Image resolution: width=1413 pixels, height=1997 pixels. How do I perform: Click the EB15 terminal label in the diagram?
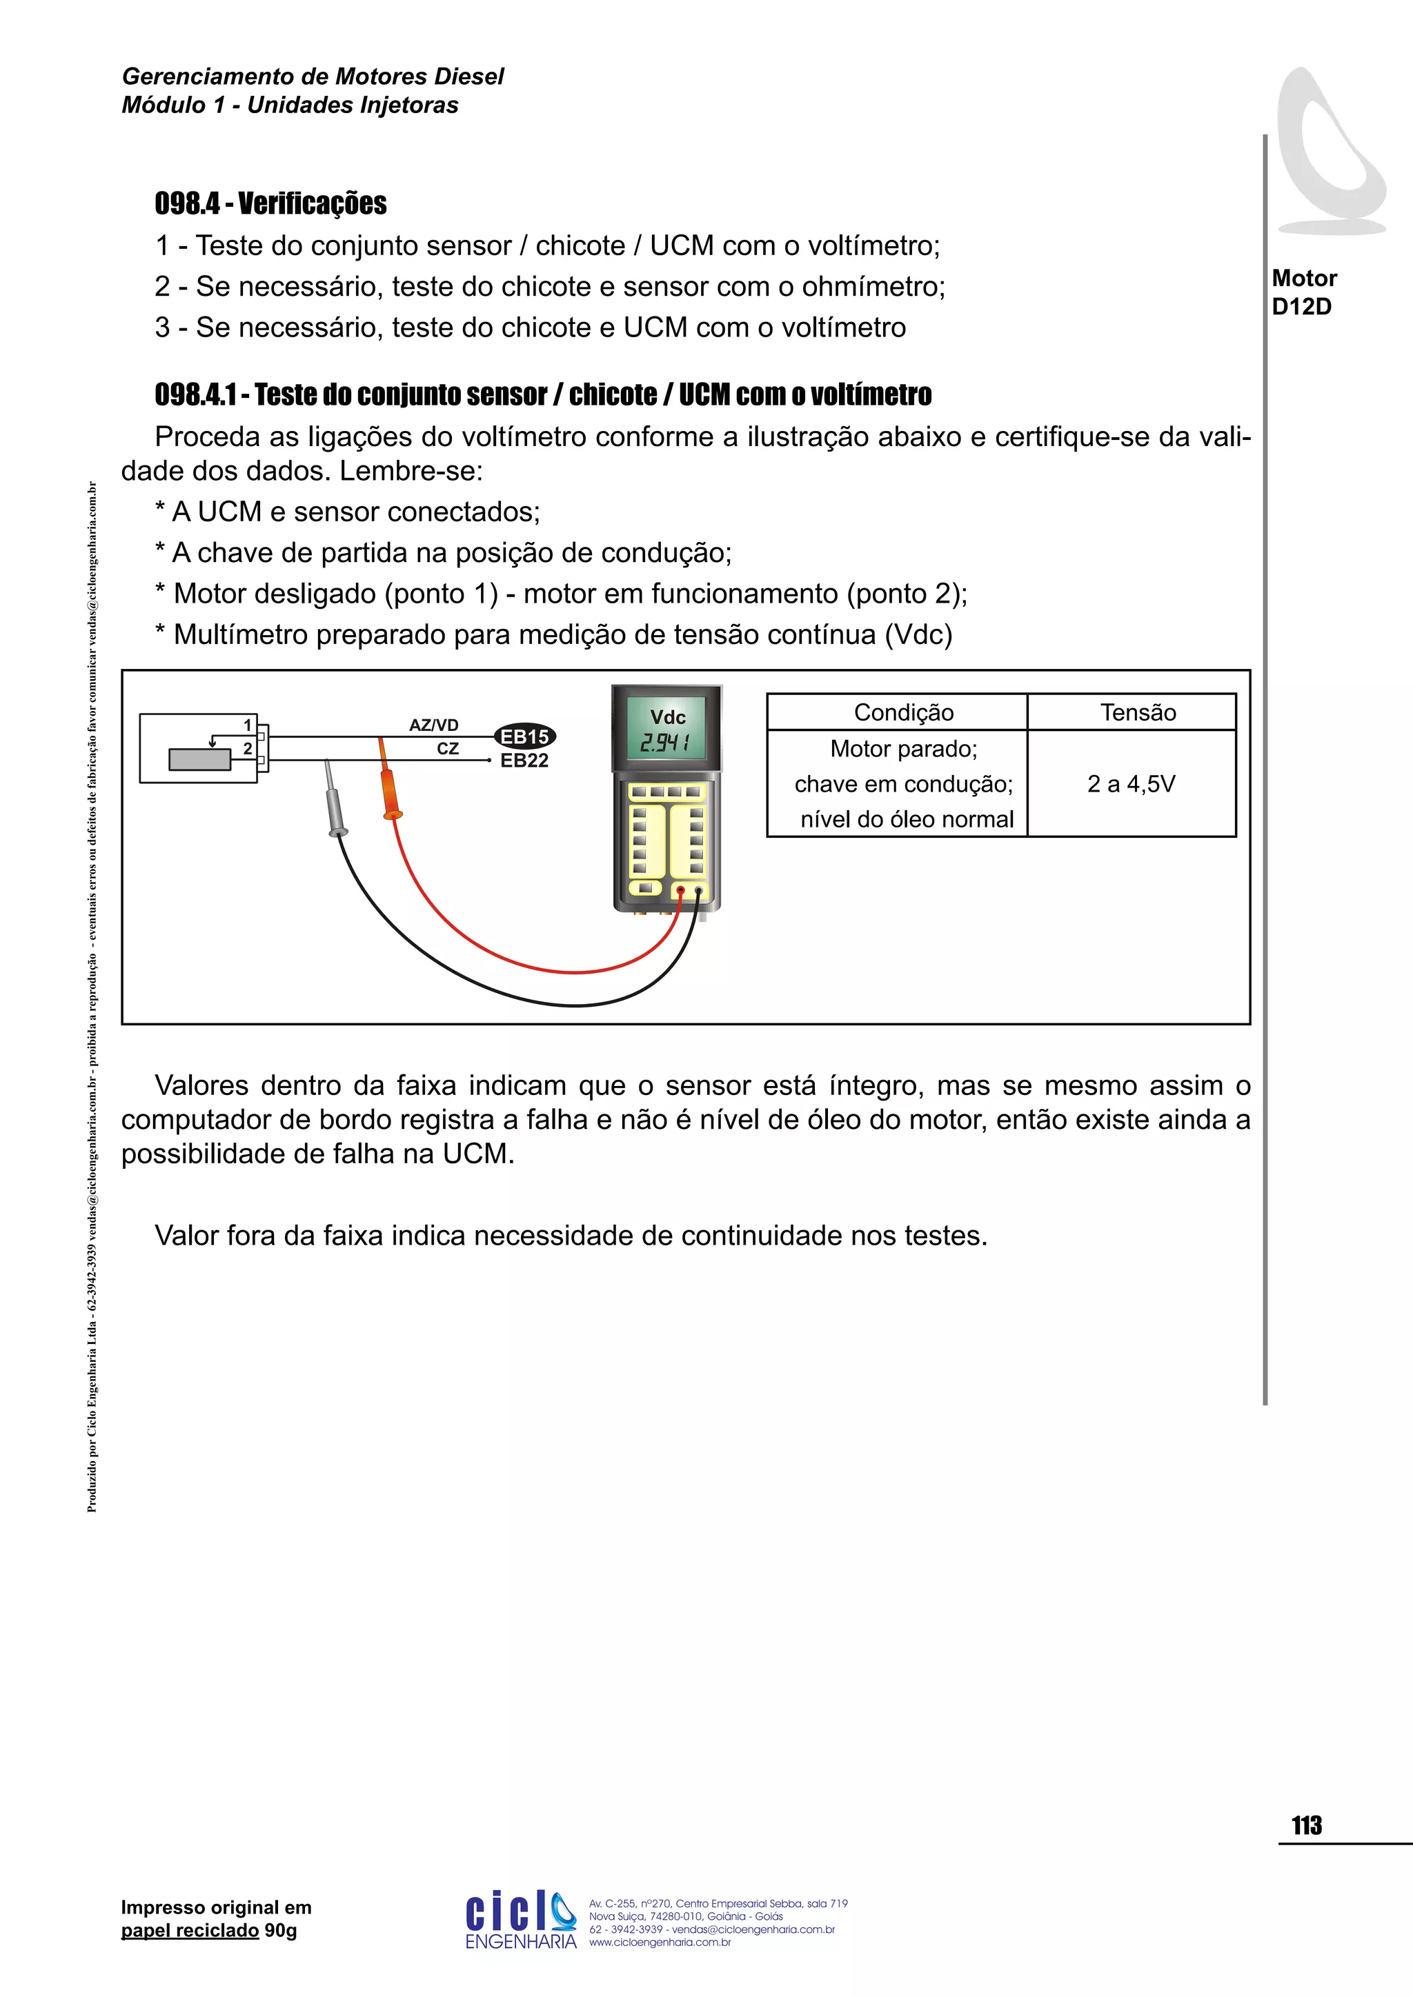point(524,736)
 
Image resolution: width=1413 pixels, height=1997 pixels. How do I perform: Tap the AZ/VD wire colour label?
point(433,725)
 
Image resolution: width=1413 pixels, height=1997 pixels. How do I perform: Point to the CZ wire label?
point(447,749)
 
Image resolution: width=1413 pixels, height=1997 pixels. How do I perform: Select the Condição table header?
point(903,712)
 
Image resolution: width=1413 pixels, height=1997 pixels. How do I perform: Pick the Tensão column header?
point(1137,712)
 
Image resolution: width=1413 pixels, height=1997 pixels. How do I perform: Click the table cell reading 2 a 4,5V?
point(1130,783)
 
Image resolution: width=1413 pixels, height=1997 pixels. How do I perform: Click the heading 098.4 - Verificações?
point(270,203)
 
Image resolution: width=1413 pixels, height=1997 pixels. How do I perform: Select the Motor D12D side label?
point(1303,292)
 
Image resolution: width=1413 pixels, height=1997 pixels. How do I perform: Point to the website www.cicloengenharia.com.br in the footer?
point(660,1943)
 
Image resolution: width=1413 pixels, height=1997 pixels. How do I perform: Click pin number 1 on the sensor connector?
point(248,725)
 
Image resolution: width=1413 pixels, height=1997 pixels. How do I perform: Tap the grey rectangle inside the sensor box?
point(199,759)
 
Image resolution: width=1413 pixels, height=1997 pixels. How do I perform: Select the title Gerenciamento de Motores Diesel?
point(313,77)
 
